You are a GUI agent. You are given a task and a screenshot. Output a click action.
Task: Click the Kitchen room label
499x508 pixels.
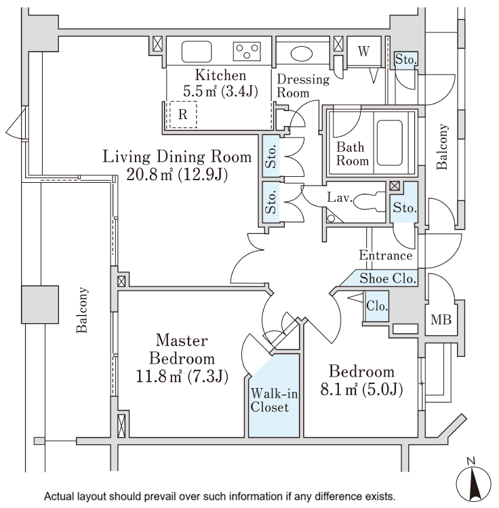point(220,75)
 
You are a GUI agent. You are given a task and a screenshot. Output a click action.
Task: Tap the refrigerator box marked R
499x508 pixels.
point(182,114)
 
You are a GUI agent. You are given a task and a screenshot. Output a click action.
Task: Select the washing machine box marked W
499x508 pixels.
point(363,52)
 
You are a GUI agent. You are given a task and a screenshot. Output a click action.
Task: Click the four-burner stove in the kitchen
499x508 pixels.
point(247,51)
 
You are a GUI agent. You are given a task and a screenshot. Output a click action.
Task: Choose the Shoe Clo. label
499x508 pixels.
point(388,278)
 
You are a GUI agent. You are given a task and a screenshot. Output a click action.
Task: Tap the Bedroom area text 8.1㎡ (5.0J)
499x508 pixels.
point(361,389)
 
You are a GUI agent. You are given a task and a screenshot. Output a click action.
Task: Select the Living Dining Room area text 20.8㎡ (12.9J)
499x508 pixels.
point(176,175)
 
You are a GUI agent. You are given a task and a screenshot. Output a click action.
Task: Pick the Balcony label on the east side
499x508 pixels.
point(443,146)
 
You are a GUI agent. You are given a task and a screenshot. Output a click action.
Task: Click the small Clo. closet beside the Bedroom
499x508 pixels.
point(376,306)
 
